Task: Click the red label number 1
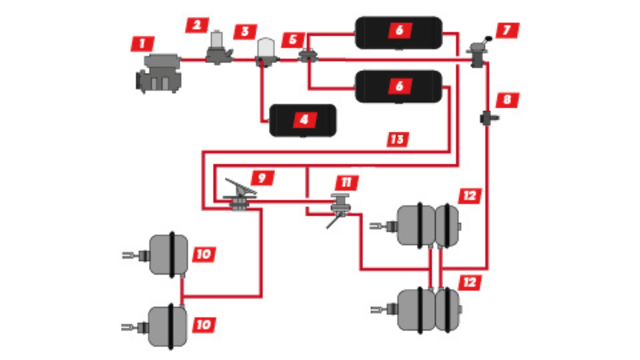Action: pos(142,45)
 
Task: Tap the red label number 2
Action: pos(197,25)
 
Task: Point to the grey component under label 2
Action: pos(217,50)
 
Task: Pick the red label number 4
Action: pos(305,120)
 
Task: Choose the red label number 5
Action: pos(293,40)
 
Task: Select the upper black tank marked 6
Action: pos(398,32)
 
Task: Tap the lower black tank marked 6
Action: pos(398,86)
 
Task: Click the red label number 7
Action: pos(509,31)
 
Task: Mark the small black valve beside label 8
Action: pos(485,120)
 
